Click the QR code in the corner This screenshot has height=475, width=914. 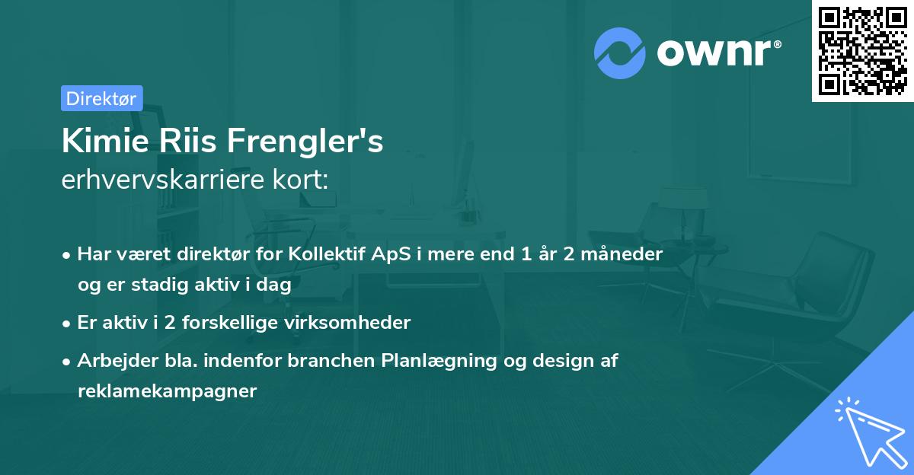(862, 50)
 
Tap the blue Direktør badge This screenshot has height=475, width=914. (101, 98)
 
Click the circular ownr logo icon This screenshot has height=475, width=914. (620, 53)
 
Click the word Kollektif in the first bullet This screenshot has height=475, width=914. (326, 253)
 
